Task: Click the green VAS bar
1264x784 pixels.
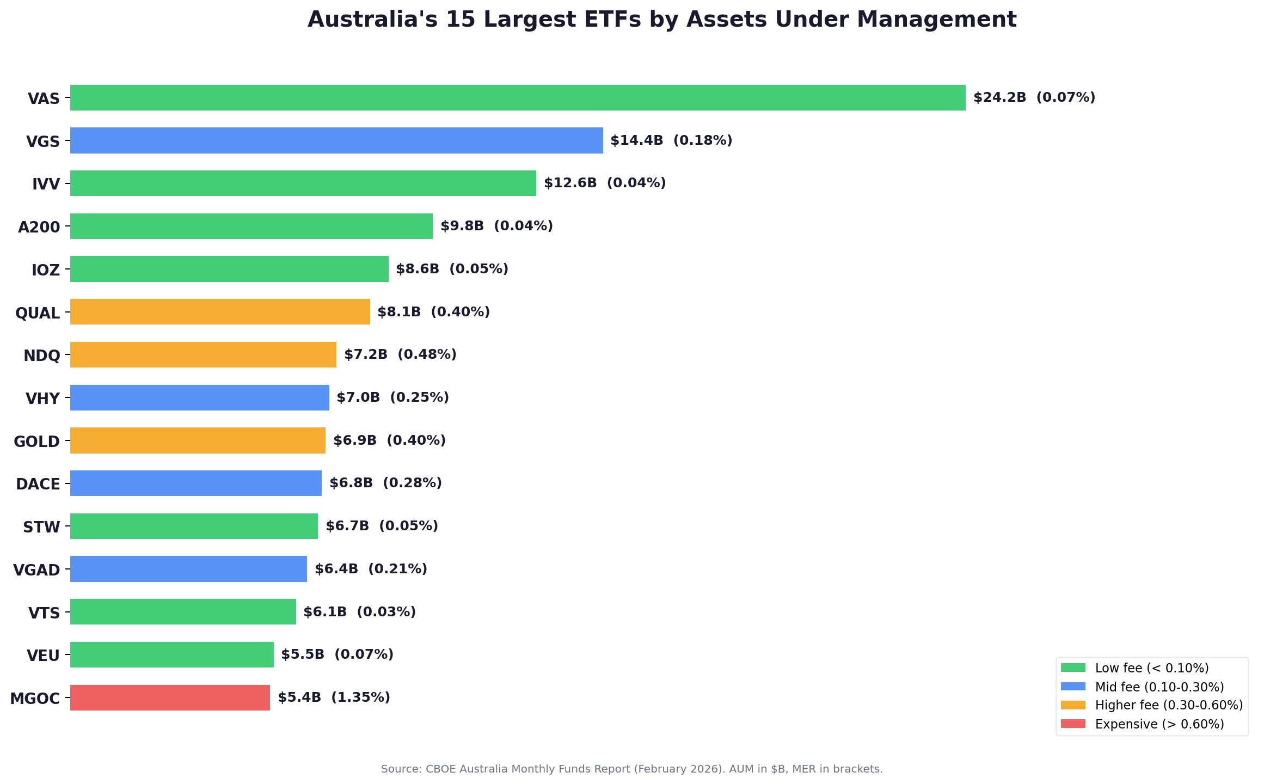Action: [517, 98]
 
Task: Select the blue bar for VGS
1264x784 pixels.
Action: [336, 140]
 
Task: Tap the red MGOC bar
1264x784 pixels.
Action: [170, 697]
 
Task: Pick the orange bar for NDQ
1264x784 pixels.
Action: [203, 354]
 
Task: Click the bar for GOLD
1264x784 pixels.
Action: [198, 440]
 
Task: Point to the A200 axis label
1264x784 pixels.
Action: [39, 227]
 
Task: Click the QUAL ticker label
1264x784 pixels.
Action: [38, 313]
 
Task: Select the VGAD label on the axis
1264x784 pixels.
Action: [36, 570]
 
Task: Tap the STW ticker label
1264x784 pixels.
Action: [41, 527]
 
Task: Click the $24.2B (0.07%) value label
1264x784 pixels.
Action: [1034, 98]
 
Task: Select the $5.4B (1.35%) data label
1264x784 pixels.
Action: [334, 697]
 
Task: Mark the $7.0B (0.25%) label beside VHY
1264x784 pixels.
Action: [392, 397]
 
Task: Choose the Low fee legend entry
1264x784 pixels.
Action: [1151, 668]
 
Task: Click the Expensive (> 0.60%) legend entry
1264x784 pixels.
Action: [1159, 724]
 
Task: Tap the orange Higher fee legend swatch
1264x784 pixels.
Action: [1073, 705]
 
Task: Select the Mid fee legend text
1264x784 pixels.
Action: [1159, 687]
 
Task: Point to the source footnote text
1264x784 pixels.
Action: [631, 769]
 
